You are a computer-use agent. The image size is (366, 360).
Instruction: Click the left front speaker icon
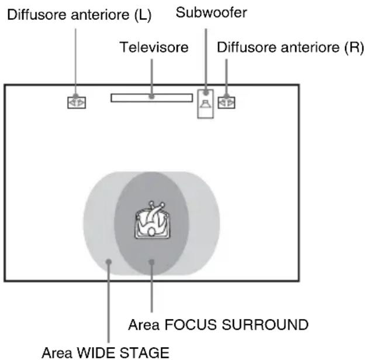(x=76, y=102)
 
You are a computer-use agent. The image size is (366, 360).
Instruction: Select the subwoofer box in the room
(x=205, y=104)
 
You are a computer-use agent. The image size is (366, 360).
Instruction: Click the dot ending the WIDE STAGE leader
(x=109, y=263)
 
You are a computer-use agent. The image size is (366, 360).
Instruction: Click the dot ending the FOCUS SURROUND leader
(x=151, y=263)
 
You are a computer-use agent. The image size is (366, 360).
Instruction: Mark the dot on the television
(x=151, y=97)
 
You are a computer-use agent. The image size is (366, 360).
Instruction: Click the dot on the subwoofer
(x=205, y=94)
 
